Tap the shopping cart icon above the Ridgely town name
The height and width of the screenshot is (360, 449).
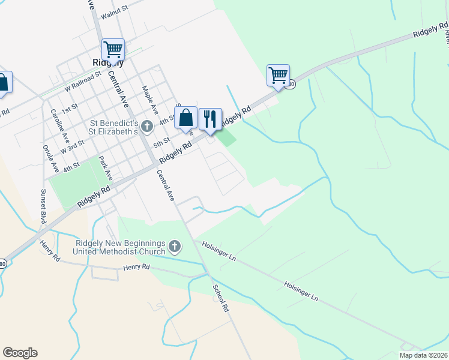[113, 48]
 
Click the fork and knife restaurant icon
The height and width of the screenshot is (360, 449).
[209, 118]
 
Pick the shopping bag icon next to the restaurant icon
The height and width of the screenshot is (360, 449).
[186, 116]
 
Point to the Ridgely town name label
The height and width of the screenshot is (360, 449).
[109, 62]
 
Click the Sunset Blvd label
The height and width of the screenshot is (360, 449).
[42, 206]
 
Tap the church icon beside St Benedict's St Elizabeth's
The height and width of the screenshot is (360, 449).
[148, 127]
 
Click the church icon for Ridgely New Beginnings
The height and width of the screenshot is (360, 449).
[175, 246]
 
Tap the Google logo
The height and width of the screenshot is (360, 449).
[20, 353]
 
